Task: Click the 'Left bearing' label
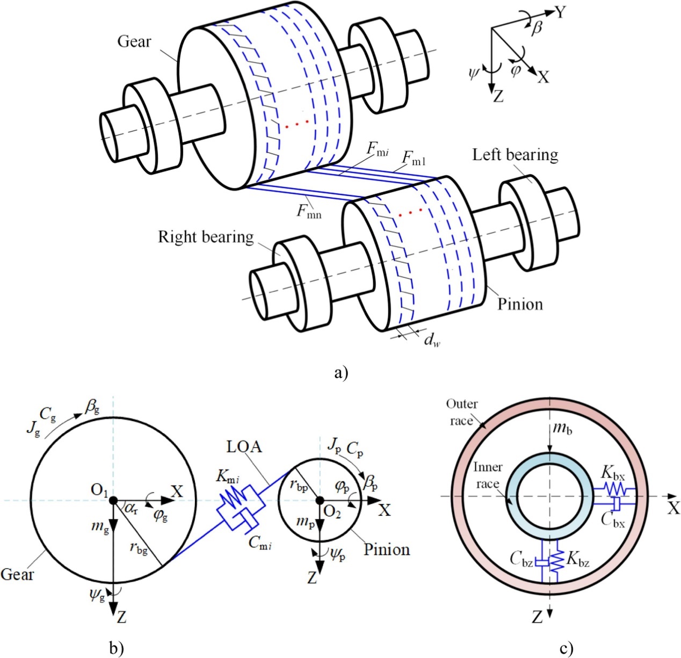click(x=515, y=155)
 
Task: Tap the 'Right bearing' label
click(x=206, y=237)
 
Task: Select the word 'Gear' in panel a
click(x=134, y=41)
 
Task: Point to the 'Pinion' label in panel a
click(x=520, y=304)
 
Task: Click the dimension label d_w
click(x=431, y=339)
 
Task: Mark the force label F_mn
click(x=309, y=211)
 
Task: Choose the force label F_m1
click(x=414, y=158)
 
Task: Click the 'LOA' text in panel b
click(x=244, y=446)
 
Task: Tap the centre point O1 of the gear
click(x=113, y=500)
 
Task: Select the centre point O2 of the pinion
click(x=320, y=500)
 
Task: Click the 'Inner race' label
click(x=488, y=475)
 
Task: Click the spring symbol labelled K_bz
click(x=557, y=561)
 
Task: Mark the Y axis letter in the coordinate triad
click(x=561, y=12)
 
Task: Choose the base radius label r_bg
click(x=138, y=548)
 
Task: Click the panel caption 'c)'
click(x=566, y=648)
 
